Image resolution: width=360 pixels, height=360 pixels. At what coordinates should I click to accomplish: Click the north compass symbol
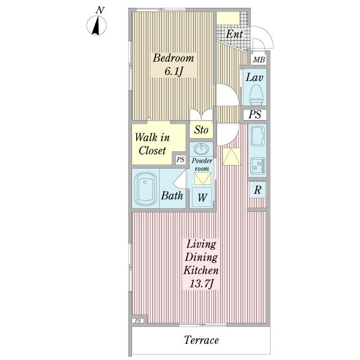97,25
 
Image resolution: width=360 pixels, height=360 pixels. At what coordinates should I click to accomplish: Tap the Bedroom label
173,58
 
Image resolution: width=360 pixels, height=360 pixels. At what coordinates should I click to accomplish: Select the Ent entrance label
234,34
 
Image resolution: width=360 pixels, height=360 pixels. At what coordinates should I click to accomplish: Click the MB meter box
259,59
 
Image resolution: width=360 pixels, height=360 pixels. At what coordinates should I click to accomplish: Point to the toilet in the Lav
256,95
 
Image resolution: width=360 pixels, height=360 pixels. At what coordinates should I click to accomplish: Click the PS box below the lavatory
255,114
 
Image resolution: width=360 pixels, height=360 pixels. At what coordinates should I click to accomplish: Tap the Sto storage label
201,130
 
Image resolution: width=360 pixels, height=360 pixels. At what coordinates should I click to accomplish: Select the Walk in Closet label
152,144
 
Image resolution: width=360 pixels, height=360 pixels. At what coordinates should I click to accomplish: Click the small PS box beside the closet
180,159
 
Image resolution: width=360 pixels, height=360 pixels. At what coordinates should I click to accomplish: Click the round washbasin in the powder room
202,149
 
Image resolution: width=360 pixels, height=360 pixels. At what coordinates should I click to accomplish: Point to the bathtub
146,189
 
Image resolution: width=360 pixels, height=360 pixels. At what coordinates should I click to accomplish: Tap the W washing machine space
202,197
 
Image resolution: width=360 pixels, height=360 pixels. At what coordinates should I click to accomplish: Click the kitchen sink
257,136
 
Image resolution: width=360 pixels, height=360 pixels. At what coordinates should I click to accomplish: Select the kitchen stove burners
257,166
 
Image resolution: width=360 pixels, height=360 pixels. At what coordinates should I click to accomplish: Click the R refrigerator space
257,190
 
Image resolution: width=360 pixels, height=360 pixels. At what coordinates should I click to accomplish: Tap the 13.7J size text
202,284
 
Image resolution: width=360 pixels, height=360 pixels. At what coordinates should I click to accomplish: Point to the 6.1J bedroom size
173,71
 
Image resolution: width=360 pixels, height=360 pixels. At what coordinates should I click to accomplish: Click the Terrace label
202,340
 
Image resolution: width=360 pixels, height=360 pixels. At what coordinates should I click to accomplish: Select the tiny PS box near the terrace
138,321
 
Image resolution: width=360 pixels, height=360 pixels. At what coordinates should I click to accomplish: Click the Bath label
172,196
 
